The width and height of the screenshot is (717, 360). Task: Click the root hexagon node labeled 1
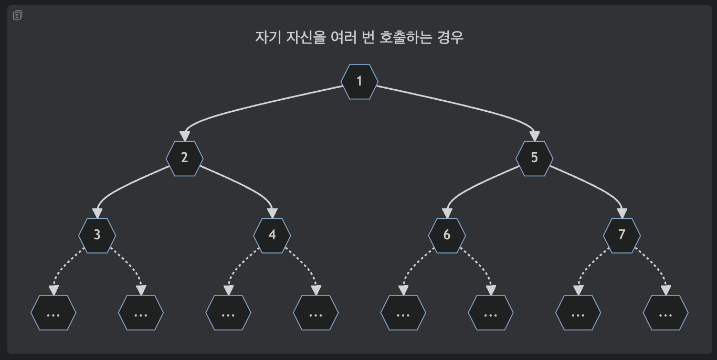point(360,81)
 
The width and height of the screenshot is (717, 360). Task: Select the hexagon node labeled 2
point(184,158)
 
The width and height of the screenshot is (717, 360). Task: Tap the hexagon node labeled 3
point(97,235)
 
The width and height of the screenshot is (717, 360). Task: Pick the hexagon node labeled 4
point(272,235)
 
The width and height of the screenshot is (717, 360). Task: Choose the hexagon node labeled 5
point(534,158)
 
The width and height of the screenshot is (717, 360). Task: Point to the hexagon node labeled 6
point(447,235)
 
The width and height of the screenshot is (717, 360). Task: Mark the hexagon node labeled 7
point(622,235)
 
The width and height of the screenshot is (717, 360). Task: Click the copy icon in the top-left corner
point(17,15)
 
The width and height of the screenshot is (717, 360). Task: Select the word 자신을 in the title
point(306,38)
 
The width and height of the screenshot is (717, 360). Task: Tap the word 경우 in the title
point(450,38)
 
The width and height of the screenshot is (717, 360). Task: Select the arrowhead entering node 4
point(272,213)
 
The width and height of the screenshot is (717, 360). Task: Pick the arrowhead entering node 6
point(447,213)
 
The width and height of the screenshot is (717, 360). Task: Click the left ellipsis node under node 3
point(53,313)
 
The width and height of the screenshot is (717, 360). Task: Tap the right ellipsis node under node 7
point(666,313)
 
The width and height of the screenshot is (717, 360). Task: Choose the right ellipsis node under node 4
point(315,313)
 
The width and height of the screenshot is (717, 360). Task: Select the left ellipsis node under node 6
point(403,313)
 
